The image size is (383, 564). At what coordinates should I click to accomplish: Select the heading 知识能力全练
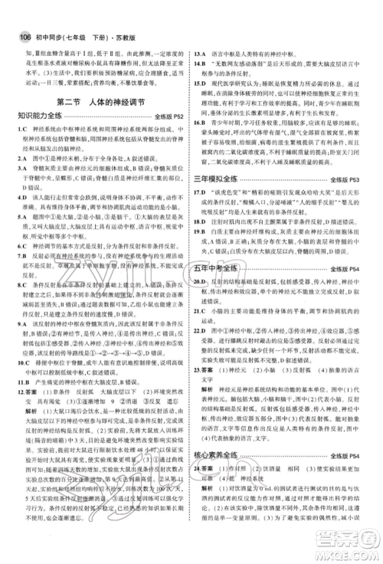(39, 116)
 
